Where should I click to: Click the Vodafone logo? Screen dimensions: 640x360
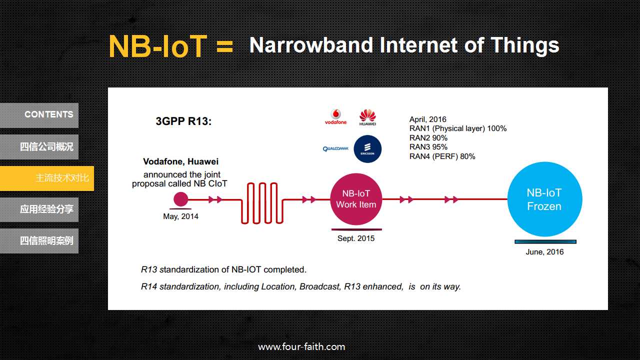[x=335, y=117]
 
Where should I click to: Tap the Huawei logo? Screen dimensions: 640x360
[x=367, y=117]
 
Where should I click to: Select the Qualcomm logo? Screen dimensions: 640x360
[x=335, y=149]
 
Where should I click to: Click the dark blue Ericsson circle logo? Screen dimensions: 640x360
[x=367, y=149]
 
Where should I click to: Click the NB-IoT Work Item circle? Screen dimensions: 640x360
[x=356, y=199]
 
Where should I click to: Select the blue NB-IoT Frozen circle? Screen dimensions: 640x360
[x=544, y=199]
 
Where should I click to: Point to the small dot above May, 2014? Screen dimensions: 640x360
[x=181, y=199]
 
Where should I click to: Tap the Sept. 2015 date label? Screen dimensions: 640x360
[x=356, y=238]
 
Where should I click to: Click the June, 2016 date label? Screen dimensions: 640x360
[x=544, y=251]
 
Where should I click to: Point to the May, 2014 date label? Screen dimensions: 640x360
[x=180, y=216]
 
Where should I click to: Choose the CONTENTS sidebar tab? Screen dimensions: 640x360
[x=39, y=115]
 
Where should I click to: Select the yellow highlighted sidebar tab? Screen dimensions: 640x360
[x=47, y=178]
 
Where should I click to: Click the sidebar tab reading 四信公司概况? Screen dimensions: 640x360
[x=39, y=147]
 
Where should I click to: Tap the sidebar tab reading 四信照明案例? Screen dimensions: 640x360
[x=39, y=241]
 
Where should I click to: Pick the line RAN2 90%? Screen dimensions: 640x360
[x=428, y=138]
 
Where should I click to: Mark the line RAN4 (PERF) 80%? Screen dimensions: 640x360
[x=442, y=156]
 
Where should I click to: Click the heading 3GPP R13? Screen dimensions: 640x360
[x=183, y=121]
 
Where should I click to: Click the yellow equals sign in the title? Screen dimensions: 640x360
[x=225, y=46]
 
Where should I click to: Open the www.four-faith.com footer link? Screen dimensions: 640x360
[x=301, y=347]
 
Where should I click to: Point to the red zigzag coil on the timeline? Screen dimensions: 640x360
[x=262, y=203]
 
